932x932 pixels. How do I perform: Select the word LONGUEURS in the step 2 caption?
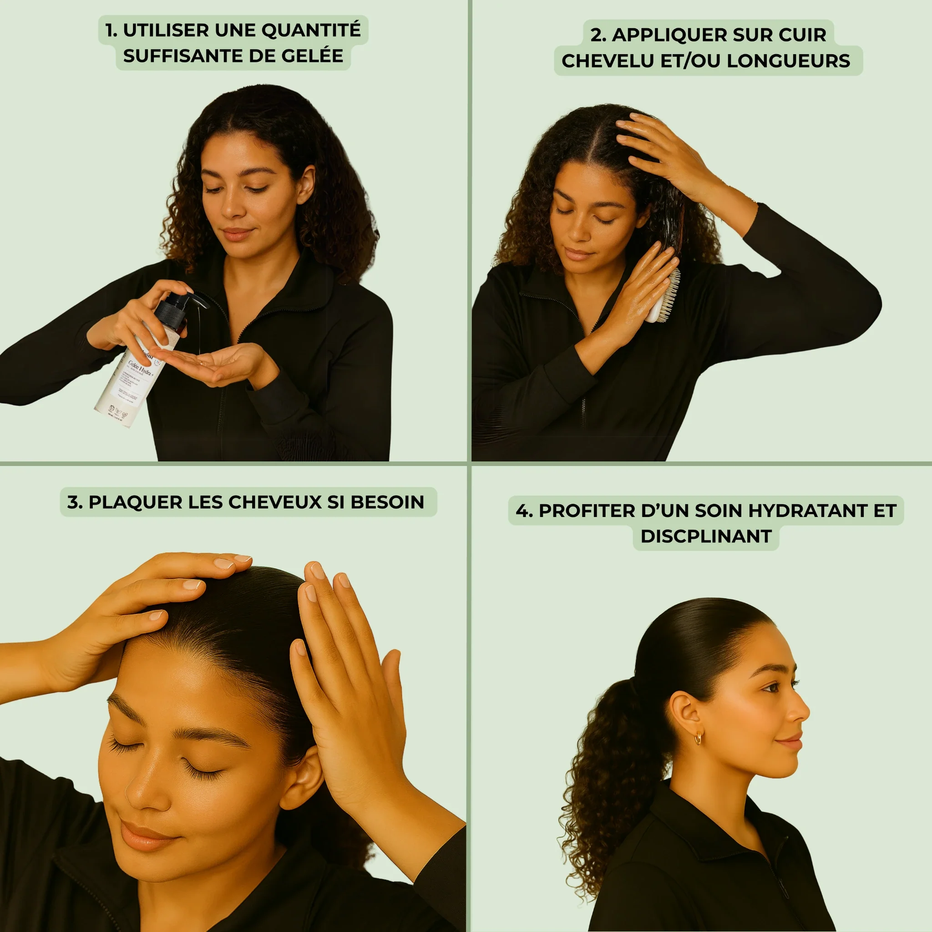click(788, 61)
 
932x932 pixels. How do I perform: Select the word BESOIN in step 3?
click(387, 502)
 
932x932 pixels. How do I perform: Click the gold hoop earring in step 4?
click(699, 738)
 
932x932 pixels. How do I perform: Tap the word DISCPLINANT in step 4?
click(706, 537)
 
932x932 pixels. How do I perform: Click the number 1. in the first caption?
click(111, 30)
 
